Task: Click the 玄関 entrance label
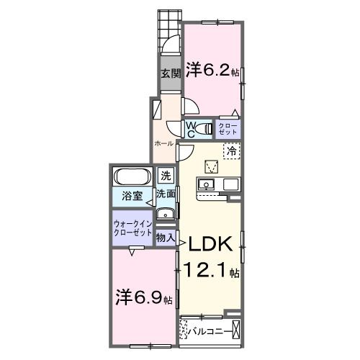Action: click(x=170, y=73)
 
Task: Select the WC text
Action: click(x=192, y=129)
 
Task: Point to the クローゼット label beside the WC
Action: click(x=228, y=129)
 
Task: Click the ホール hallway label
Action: click(x=163, y=143)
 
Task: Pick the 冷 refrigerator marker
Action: click(x=232, y=151)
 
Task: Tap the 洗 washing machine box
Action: click(x=166, y=175)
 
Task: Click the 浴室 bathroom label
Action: click(x=130, y=195)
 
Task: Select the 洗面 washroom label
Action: click(x=166, y=194)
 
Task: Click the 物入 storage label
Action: click(x=166, y=235)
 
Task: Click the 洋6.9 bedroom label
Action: click(x=142, y=296)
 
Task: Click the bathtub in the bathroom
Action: click(x=132, y=177)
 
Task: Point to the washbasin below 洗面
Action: click(x=166, y=213)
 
